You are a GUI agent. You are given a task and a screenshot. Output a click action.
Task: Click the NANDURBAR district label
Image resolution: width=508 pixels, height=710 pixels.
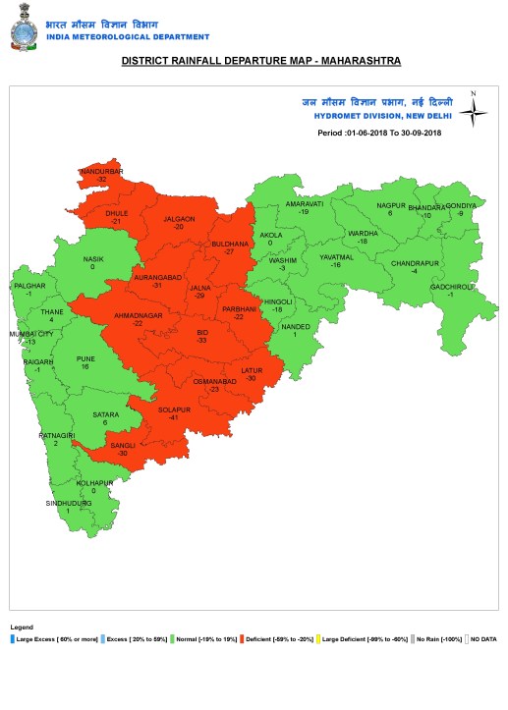click(101, 172)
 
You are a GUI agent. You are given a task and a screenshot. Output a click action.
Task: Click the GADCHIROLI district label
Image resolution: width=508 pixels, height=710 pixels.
click(453, 286)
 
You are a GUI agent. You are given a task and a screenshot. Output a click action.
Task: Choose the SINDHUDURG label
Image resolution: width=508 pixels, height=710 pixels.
click(68, 503)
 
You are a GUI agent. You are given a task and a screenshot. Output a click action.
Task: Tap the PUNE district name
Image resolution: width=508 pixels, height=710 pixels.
click(85, 359)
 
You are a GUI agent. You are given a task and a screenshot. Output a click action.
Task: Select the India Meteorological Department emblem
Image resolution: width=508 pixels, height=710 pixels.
click(22, 30)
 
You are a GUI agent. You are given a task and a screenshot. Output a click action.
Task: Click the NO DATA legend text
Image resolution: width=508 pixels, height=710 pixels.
click(484, 639)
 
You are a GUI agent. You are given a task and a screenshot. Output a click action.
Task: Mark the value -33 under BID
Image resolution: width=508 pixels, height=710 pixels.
click(202, 343)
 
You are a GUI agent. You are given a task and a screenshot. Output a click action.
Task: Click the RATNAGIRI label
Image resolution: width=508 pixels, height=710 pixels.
click(56, 434)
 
